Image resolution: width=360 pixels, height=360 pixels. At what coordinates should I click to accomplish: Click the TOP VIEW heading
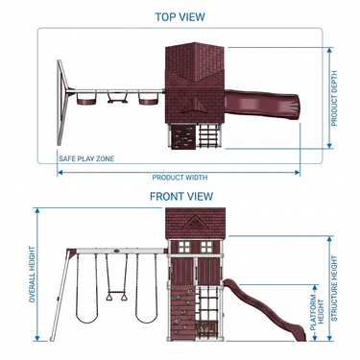(x=180, y=17)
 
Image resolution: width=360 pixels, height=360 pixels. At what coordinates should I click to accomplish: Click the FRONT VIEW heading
(x=181, y=196)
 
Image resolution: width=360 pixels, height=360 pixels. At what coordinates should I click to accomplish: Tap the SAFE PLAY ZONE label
(x=86, y=158)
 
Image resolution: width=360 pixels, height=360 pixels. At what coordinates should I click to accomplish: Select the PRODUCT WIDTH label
(x=180, y=178)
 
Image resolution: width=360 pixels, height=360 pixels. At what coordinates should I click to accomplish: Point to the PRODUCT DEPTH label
(x=334, y=98)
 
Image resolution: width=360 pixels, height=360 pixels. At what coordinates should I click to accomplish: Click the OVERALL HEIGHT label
(x=32, y=275)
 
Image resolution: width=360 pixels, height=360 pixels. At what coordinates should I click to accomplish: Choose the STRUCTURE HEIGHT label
(x=334, y=288)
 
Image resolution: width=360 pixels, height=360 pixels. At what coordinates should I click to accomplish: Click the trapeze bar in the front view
(x=116, y=293)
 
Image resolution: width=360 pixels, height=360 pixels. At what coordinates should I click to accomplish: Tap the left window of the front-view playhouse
(x=184, y=248)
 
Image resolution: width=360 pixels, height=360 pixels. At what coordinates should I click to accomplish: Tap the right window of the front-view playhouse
(x=206, y=248)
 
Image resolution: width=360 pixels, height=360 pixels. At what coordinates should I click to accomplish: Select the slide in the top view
(x=263, y=105)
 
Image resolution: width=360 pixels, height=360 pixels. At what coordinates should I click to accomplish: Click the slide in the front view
(x=265, y=308)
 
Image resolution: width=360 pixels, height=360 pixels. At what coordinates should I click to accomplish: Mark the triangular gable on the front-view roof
(x=195, y=222)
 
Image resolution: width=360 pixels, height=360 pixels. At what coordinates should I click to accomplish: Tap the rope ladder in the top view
(x=209, y=135)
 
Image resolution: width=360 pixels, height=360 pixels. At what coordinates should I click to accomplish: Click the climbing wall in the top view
(x=183, y=137)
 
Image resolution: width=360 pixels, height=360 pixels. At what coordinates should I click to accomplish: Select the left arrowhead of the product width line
(x=60, y=173)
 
